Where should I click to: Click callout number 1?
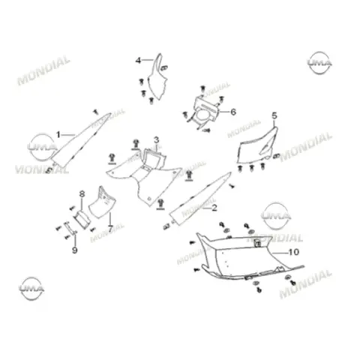click(58, 135)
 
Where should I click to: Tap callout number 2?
click(214, 208)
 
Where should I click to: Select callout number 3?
click(156, 140)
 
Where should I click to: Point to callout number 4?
click(138, 61)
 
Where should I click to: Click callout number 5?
click(274, 115)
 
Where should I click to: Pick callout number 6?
click(233, 112)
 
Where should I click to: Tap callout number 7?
click(110, 228)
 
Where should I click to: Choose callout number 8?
click(82, 194)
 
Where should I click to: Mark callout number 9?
click(74, 250)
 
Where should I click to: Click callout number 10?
click(294, 252)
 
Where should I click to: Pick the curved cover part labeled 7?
click(102, 204)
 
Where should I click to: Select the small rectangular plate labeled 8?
click(82, 219)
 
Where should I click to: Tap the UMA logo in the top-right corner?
click(319, 63)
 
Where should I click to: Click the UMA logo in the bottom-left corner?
click(31, 289)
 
